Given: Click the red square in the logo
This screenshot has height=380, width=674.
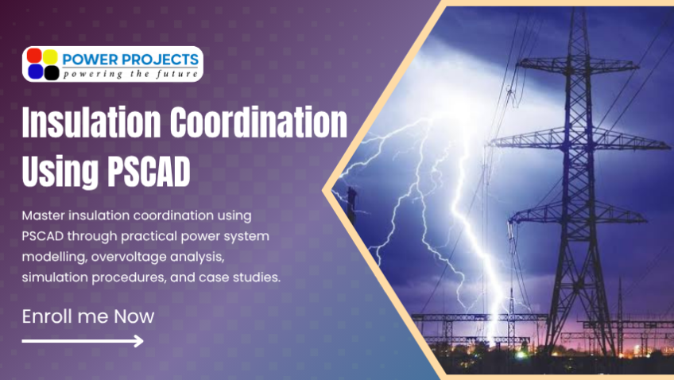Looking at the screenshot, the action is click(34, 56).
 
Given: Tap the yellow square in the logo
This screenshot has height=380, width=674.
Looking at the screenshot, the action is click(50, 56).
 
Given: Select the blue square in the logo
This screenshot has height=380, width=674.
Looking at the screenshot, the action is click(35, 72).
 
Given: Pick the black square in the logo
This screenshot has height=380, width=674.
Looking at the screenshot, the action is click(52, 72).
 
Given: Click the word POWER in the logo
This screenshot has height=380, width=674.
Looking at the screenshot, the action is click(88, 60).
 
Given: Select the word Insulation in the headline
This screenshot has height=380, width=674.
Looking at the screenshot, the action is click(91, 122).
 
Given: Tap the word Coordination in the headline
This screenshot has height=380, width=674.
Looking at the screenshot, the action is click(258, 122).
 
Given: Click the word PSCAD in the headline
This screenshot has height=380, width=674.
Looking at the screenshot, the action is click(149, 171).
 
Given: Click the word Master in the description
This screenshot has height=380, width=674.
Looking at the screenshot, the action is click(43, 215).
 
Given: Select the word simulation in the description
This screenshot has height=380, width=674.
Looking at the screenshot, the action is click(55, 277).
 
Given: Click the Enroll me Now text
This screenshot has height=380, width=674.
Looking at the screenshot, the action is click(88, 316).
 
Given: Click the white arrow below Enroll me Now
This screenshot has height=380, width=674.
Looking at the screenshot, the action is click(83, 341).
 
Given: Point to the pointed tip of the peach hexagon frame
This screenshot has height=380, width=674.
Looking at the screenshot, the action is click(323, 190).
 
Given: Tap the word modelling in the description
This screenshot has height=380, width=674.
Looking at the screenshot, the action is click(54, 257).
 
